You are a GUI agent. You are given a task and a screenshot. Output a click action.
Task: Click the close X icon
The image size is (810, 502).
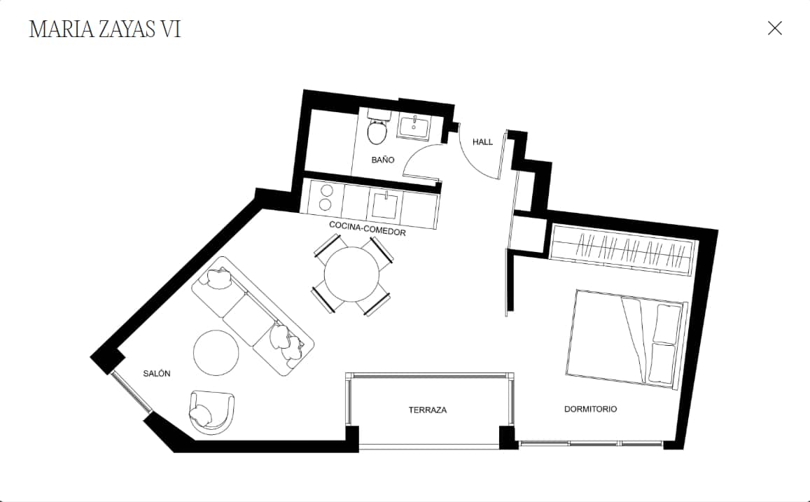(774, 28)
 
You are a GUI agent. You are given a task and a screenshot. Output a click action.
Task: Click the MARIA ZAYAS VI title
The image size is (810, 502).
(105, 29)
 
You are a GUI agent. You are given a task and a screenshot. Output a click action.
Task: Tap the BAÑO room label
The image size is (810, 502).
(383, 160)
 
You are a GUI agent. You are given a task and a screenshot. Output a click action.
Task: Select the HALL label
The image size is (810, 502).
(482, 142)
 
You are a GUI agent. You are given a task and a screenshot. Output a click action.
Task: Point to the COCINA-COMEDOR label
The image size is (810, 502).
(368, 228)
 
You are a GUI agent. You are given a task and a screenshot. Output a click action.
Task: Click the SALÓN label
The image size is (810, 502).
(157, 373)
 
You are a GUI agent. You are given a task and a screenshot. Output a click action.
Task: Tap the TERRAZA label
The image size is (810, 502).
(427, 410)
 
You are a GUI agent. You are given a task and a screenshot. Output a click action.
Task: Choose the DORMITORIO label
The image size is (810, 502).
(590, 409)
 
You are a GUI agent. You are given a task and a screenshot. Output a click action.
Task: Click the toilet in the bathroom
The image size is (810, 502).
(377, 127)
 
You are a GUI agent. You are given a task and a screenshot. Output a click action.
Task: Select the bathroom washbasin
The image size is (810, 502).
(414, 125)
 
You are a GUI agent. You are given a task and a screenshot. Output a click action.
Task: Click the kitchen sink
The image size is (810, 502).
(385, 205)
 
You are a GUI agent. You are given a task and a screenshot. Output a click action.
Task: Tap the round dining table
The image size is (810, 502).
(351, 274)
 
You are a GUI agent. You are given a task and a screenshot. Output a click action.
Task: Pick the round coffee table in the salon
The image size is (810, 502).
(216, 353)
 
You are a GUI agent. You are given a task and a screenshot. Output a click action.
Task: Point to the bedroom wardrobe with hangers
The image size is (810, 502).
(623, 250)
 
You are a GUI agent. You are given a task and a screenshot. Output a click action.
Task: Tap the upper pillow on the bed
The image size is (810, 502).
(667, 324)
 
